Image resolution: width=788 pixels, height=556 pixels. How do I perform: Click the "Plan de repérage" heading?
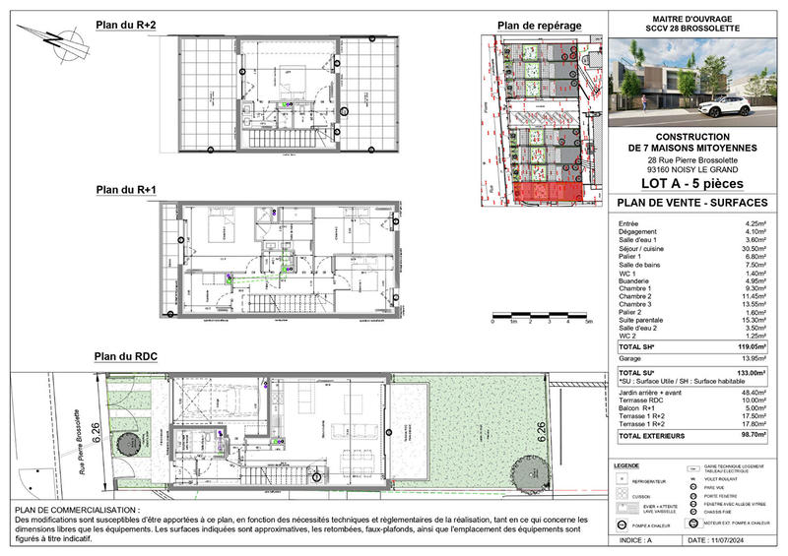click(x=539, y=25)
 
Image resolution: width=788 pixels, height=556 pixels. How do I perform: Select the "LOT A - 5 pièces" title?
click(x=693, y=183)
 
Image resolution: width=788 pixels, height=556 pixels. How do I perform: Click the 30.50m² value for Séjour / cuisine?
click(x=751, y=249)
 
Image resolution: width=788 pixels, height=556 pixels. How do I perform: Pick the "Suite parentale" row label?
click(x=646, y=320)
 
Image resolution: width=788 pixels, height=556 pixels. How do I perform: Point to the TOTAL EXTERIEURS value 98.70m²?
click(x=749, y=434)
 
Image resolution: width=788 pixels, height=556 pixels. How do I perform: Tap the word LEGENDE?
click(x=627, y=465)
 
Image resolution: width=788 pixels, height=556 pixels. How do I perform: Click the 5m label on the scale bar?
click(x=589, y=322)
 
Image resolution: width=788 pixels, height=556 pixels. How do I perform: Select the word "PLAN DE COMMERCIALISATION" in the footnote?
click(x=75, y=510)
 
